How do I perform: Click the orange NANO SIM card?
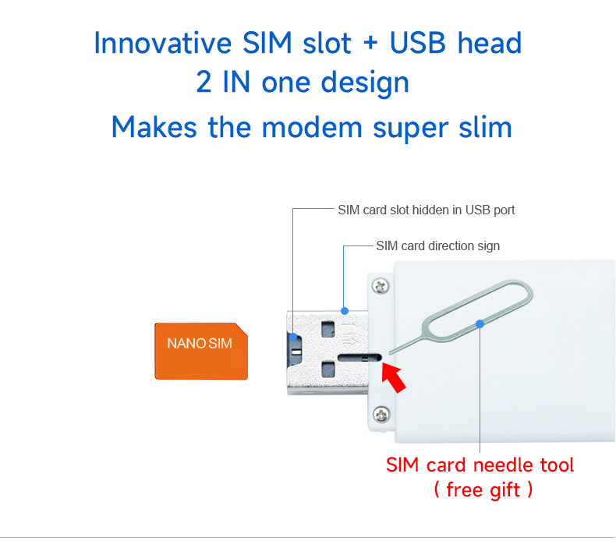pyautogui.click(x=200, y=351)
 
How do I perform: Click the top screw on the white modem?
pyautogui.click(x=380, y=286)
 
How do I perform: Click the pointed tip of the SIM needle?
pyautogui.click(x=389, y=351)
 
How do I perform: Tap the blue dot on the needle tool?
pyautogui.click(x=480, y=323)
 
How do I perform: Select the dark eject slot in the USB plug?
pyautogui.click(x=359, y=359)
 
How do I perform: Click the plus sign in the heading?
pyautogui.click(x=370, y=44)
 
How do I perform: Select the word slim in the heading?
pyautogui.click(x=483, y=126)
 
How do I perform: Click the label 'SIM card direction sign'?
pyautogui.click(x=437, y=246)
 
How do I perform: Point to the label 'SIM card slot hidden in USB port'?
pyautogui.click(x=426, y=210)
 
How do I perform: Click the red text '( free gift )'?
pyautogui.click(x=483, y=490)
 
